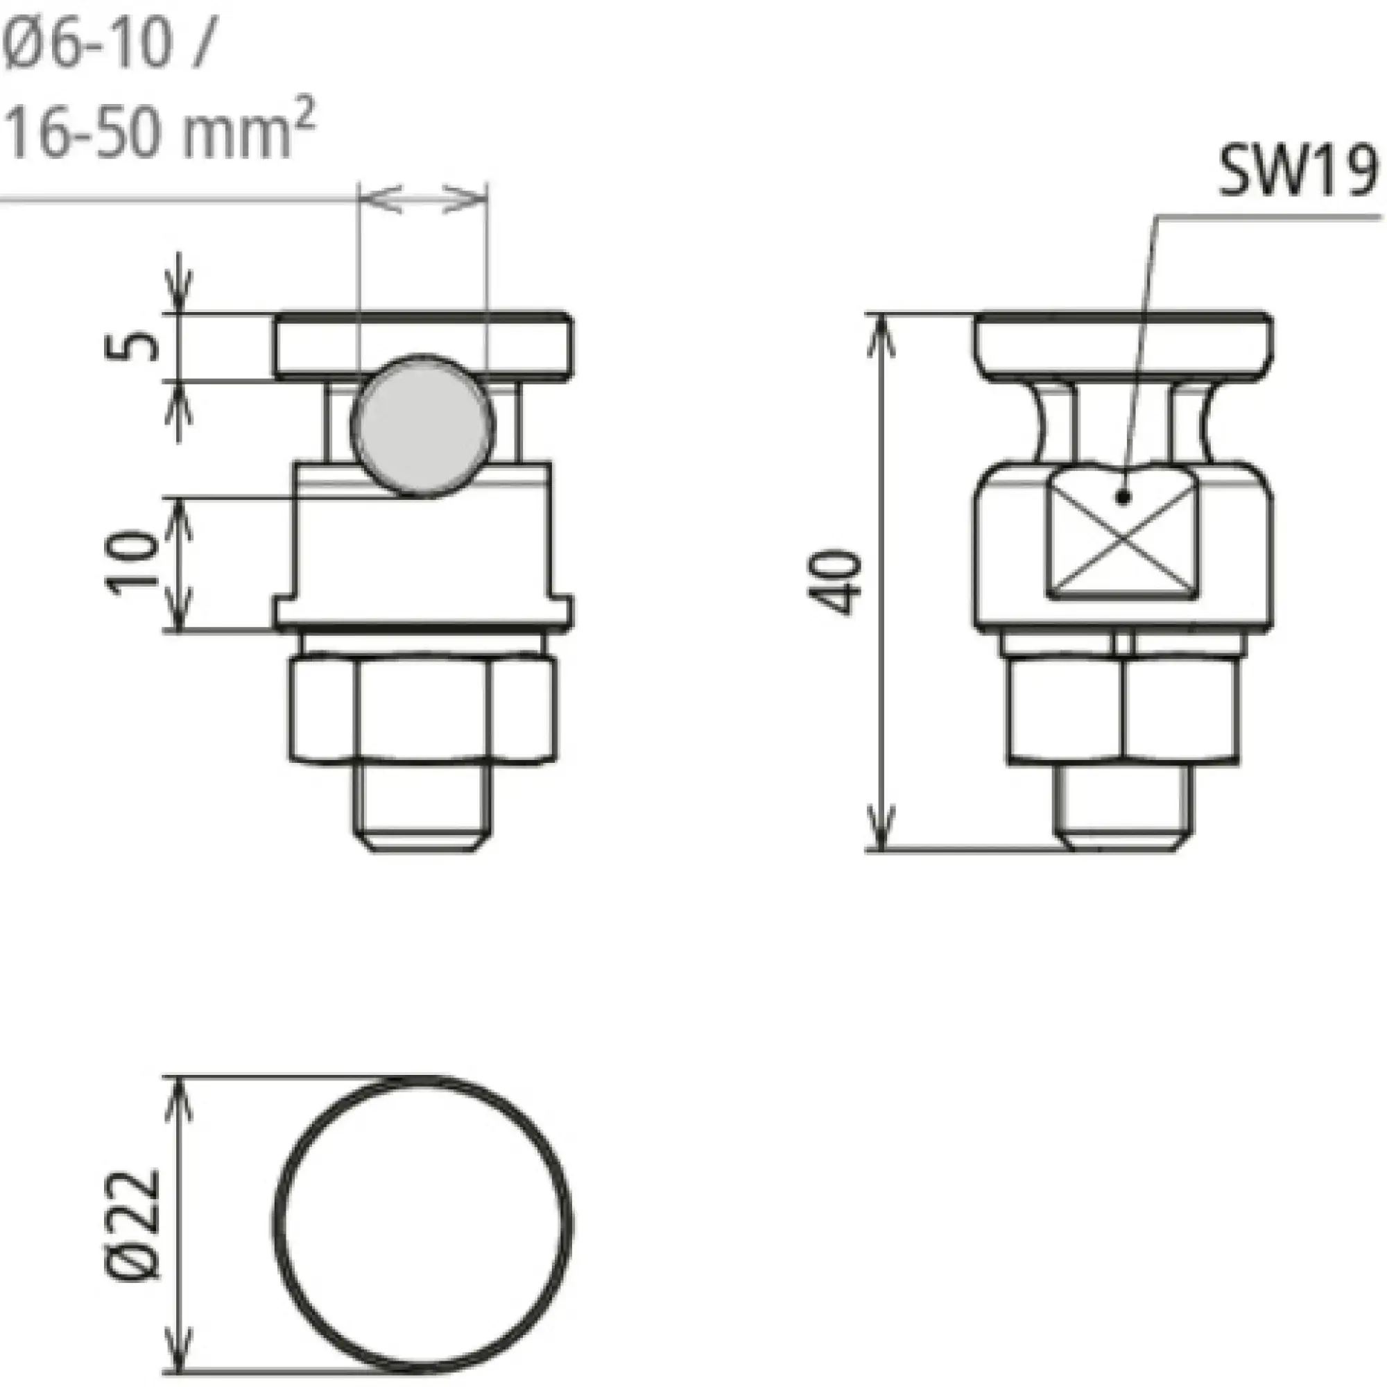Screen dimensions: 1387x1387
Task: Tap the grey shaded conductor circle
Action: (423, 425)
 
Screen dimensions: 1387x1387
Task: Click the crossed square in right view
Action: (1121, 540)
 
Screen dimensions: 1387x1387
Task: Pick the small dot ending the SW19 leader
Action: (1124, 496)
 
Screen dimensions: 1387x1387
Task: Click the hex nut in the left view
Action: (423, 707)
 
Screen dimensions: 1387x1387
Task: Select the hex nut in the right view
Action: (1123, 707)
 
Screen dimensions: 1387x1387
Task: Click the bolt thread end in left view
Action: (423, 808)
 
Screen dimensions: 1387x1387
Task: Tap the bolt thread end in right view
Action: (1123, 808)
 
